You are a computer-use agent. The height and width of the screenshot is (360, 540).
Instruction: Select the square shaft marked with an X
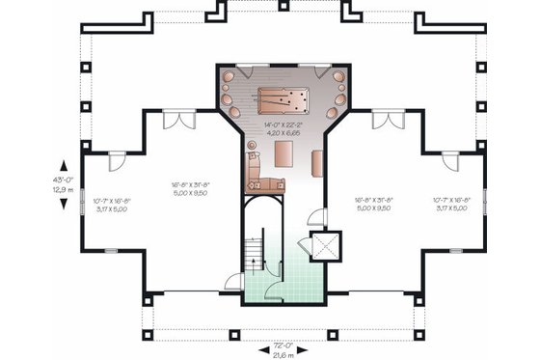tap(325, 247)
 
